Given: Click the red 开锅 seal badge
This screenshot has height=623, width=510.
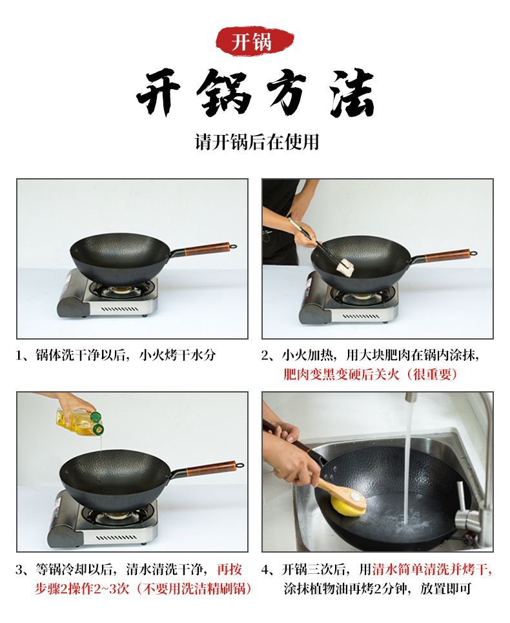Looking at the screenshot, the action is point(254,41).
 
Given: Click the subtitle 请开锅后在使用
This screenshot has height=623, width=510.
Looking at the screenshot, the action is point(256,142).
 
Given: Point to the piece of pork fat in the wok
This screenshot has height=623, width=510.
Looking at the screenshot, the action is point(345,267).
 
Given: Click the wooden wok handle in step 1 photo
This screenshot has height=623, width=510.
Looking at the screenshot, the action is point(207,248).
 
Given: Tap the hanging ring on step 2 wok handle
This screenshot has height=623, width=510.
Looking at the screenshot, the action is point(474,253).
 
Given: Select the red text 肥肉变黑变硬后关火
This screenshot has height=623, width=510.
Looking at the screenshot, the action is point(342,374).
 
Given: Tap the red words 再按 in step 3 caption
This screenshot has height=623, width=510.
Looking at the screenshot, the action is point(229,569).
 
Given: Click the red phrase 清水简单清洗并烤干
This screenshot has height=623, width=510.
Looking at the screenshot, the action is point(431,569).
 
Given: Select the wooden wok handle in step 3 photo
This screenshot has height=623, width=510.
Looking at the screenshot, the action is point(211,468).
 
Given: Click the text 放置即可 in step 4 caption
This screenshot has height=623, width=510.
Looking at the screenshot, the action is point(445,588).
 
